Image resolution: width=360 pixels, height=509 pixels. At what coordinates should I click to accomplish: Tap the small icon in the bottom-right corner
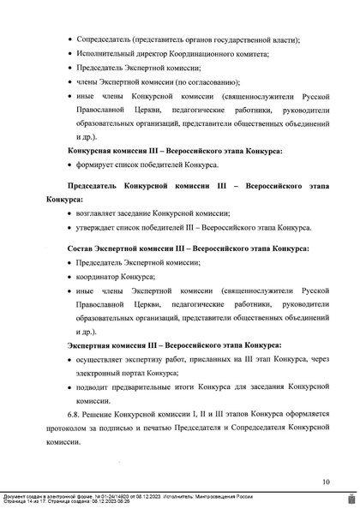[x=352, y=498]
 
